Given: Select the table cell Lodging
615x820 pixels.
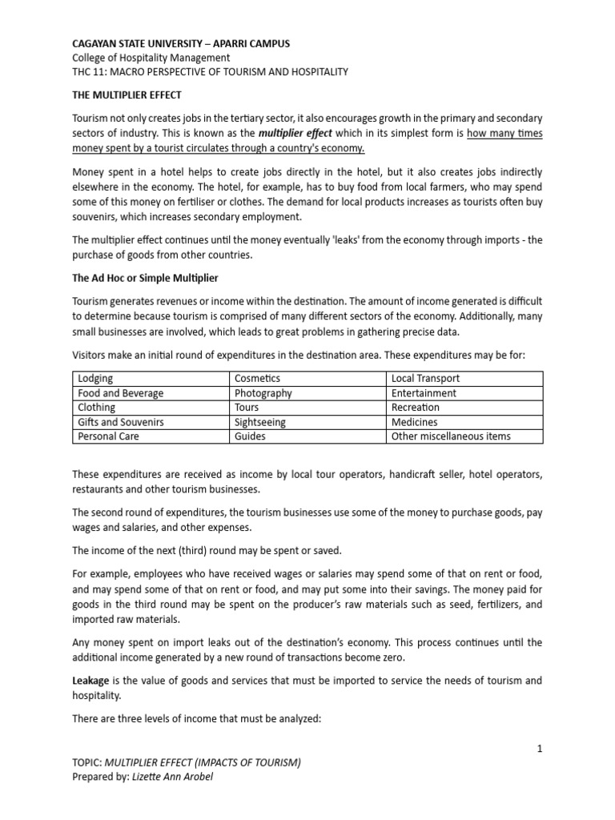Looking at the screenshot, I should pos(95,378).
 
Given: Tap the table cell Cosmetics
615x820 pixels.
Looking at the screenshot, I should pos(257,378).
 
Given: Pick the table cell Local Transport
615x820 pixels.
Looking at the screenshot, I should pos(426,378).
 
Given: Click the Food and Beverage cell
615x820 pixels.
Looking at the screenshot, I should pos(120,393).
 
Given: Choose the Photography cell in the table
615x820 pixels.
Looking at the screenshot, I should pos(263,393).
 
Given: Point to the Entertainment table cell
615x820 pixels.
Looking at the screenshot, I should pos(424,393).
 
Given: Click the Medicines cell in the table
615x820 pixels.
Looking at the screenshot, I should pos(415,422).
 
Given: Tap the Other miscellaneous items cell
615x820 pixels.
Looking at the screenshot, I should pos(451,436).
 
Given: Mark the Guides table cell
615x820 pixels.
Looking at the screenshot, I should pos(251,436).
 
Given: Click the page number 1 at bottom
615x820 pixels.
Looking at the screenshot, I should pos(541,748).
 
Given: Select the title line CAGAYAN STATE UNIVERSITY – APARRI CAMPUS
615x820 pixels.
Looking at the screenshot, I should pos(181,43).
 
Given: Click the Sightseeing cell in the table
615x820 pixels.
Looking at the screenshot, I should pos(259,422).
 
